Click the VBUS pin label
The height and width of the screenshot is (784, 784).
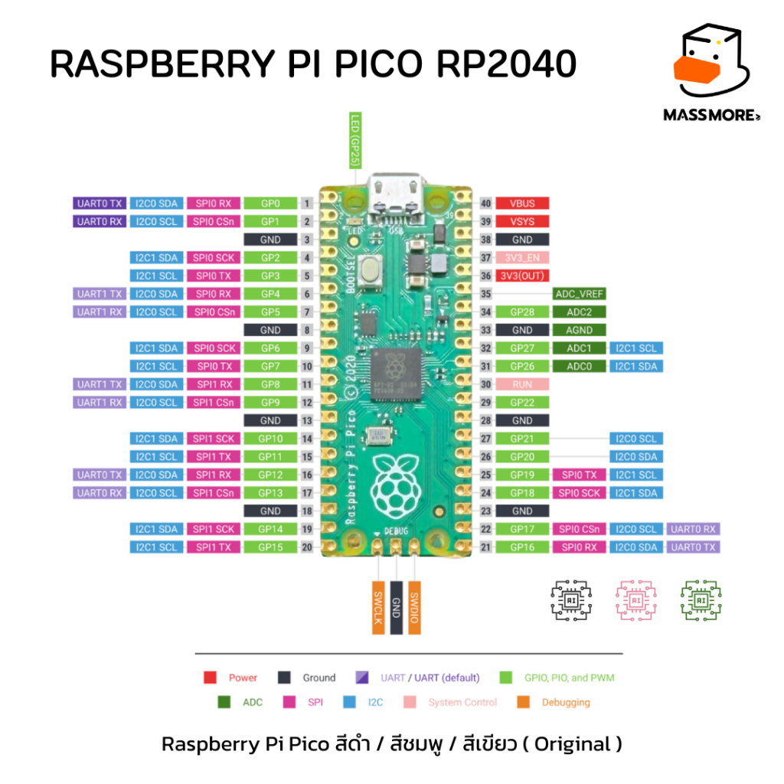[x=522, y=204]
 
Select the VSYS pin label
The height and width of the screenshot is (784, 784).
[x=522, y=221]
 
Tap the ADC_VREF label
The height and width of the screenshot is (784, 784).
[x=579, y=294]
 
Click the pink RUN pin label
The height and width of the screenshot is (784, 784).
[x=522, y=384]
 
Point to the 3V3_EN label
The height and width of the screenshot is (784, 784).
[x=522, y=258]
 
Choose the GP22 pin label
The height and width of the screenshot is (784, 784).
[x=522, y=403]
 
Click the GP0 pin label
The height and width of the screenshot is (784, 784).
[x=270, y=204]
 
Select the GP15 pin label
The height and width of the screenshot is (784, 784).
[x=270, y=547]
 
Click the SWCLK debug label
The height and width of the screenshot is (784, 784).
[x=378, y=606]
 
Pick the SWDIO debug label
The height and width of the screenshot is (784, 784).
[x=415, y=606]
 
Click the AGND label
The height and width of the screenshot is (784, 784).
[x=579, y=331]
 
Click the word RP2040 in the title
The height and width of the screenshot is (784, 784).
[x=506, y=66]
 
